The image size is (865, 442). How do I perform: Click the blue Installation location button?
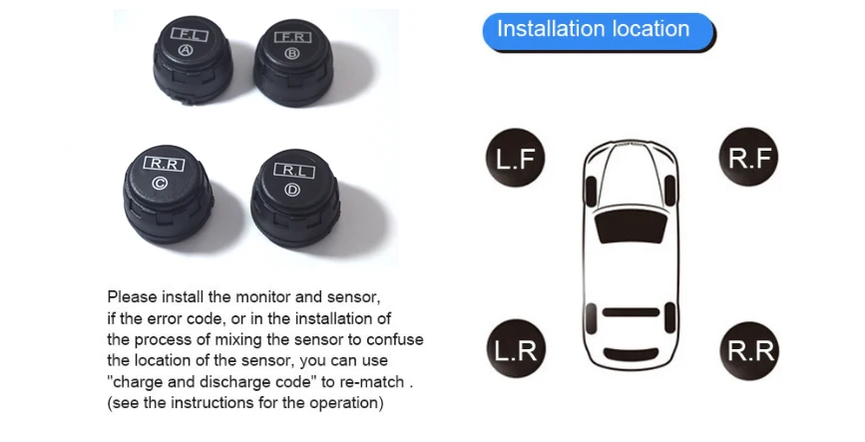click(x=598, y=32)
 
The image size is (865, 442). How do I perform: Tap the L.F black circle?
click(x=515, y=158)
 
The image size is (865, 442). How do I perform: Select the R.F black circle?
click(x=748, y=158)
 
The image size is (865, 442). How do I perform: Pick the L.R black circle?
click(x=516, y=349)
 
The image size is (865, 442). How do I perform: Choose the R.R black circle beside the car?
click(x=749, y=350)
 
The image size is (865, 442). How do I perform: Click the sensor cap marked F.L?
click(x=192, y=60)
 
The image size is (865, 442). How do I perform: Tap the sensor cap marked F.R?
click(x=293, y=62)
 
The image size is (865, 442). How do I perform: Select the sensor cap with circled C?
click(x=168, y=194)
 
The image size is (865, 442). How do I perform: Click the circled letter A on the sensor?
click(x=187, y=51)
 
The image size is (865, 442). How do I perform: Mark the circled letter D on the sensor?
click(x=292, y=190)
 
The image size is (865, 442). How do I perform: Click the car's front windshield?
click(x=632, y=226)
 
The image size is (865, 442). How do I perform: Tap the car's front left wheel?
click(x=591, y=192)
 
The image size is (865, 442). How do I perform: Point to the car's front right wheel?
click(x=670, y=192)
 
